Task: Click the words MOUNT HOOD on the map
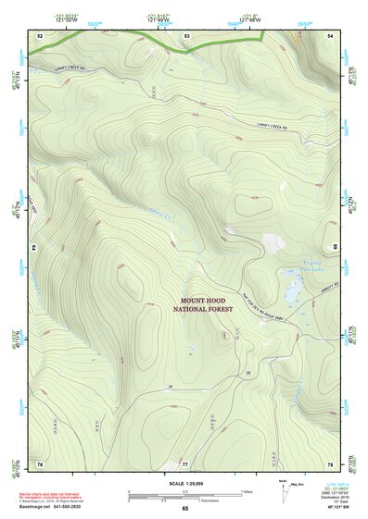209,301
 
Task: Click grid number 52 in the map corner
40,35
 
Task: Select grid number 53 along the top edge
186,35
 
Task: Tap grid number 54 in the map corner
331,35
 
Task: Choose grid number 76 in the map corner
40,463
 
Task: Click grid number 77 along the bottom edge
185,463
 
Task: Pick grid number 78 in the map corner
331,463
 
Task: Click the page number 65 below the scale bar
185,508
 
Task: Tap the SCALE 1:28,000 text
185,483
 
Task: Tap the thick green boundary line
148,38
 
